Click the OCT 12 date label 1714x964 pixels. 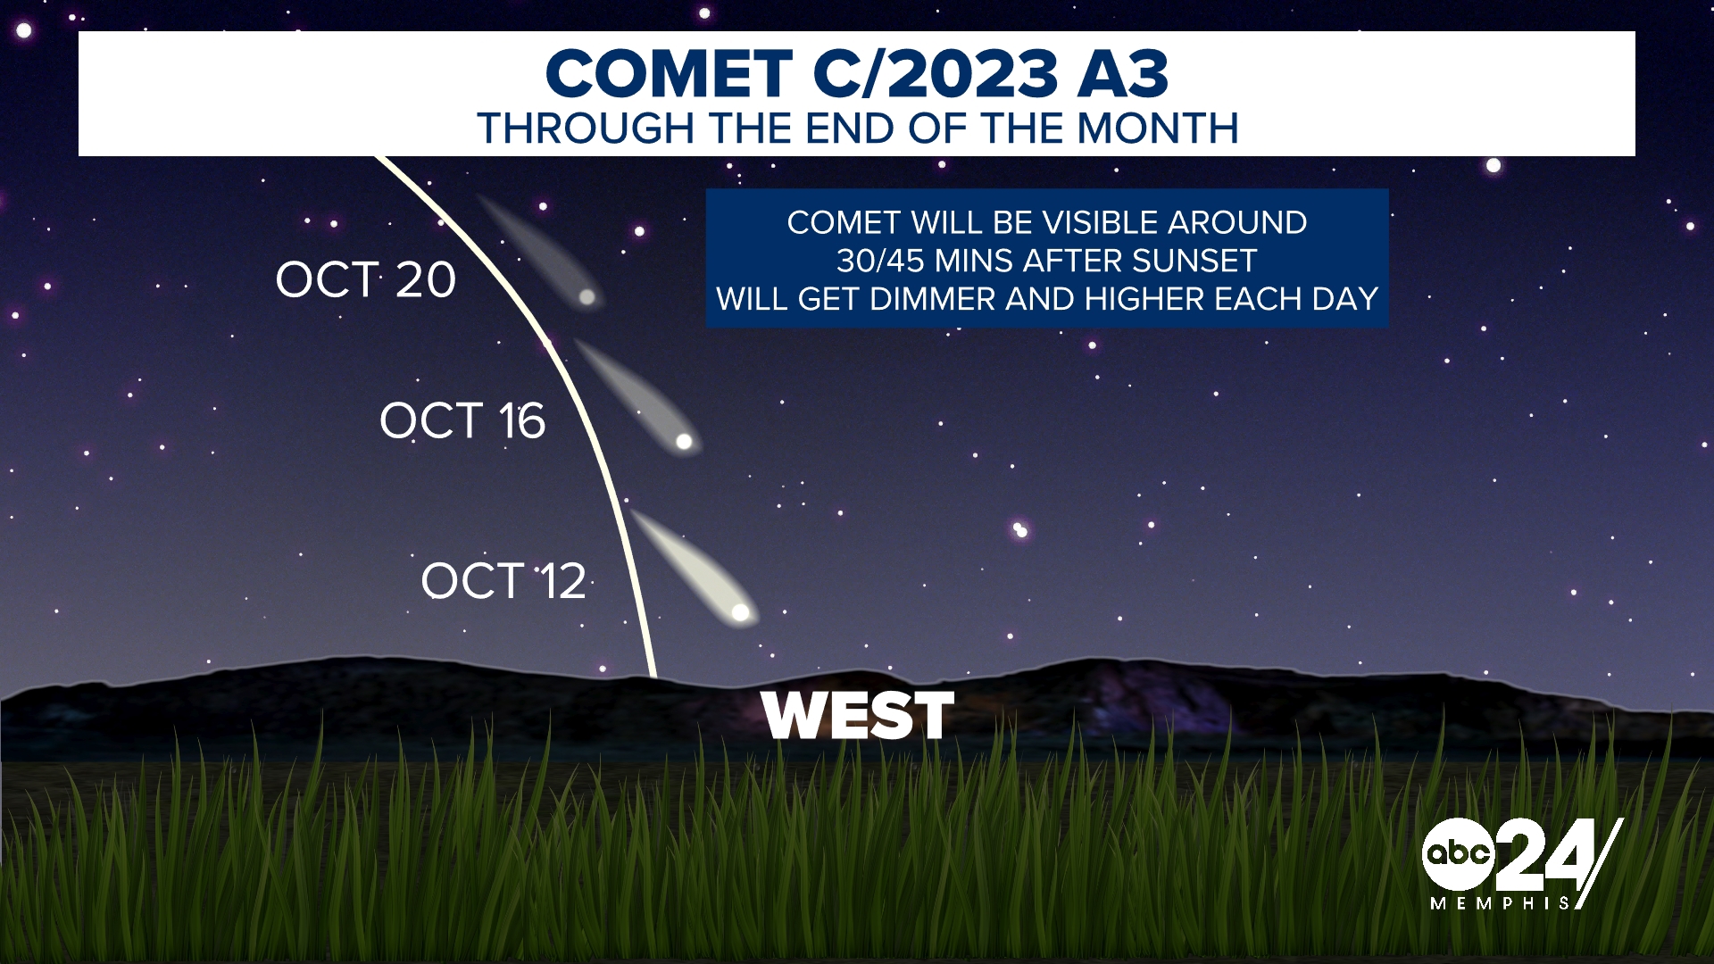[x=503, y=581]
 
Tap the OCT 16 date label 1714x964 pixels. [x=462, y=420]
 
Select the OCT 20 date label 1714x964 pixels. [x=366, y=279]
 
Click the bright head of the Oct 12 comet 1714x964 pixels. [x=740, y=612]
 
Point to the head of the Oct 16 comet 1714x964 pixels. [x=684, y=441]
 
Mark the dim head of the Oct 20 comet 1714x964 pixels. [x=587, y=296]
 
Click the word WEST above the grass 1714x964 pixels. [x=858, y=716]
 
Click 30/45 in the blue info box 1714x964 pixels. [x=880, y=261]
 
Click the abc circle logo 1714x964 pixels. [x=1458, y=853]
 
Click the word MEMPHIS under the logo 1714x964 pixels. [x=1500, y=903]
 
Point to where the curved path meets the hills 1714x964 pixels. [x=654, y=676]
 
